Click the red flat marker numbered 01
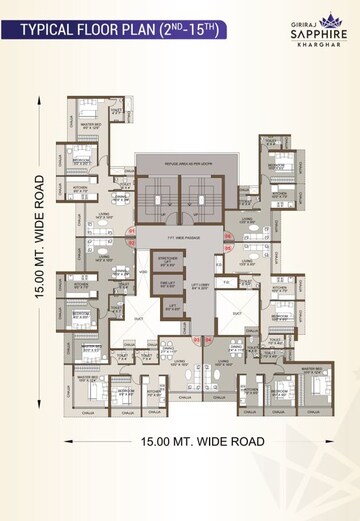tap(131, 231)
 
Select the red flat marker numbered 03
tap(196, 340)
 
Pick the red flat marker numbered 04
tap(210, 340)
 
